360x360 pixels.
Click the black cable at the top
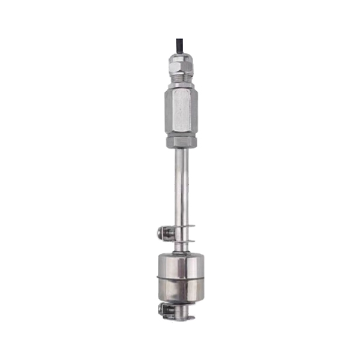tap(179, 46)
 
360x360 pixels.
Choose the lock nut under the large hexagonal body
tap(181, 142)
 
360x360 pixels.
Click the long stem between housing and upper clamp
tap(181, 186)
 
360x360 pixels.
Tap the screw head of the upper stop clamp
tap(161, 232)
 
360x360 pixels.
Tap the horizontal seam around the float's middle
tap(181, 278)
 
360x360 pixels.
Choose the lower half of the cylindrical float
tap(181, 290)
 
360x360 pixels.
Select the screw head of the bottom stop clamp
tap(163, 310)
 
